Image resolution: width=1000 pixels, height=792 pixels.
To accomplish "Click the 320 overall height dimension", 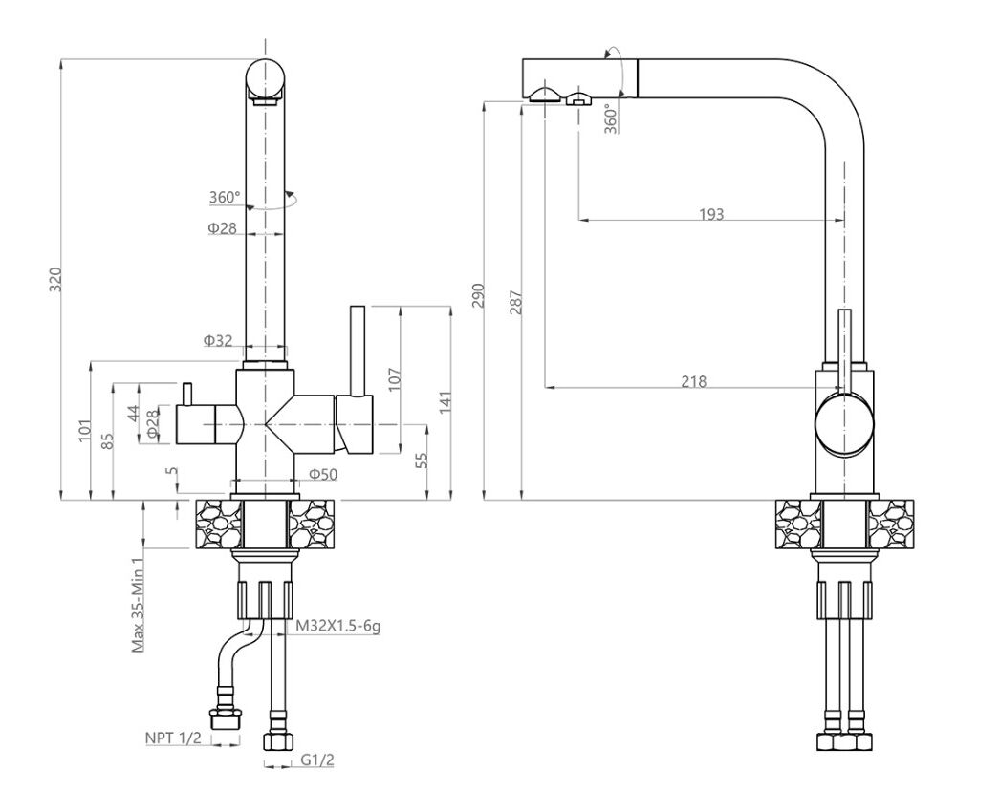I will (x=55, y=279).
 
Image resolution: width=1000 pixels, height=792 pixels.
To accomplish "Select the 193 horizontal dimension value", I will (x=711, y=214).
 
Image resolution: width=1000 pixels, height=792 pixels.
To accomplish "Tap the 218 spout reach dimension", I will (x=693, y=381).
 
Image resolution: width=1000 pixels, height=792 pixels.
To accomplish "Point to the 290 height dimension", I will (x=478, y=297).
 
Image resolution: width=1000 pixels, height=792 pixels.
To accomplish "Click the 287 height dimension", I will (x=516, y=303).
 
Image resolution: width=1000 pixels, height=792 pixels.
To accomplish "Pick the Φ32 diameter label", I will (x=218, y=340).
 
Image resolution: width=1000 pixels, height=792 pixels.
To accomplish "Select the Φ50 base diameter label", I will (x=323, y=474).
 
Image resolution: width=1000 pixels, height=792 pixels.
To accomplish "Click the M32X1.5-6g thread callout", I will (x=337, y=626).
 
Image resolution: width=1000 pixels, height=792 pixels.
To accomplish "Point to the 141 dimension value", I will (x=446, y=401).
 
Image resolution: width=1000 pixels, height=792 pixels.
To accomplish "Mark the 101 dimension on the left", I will (x=84, y=431).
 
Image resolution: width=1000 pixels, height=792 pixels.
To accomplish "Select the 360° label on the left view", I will (x=225, y=198).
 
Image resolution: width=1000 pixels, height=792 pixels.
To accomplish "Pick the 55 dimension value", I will (x=422, y=460).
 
